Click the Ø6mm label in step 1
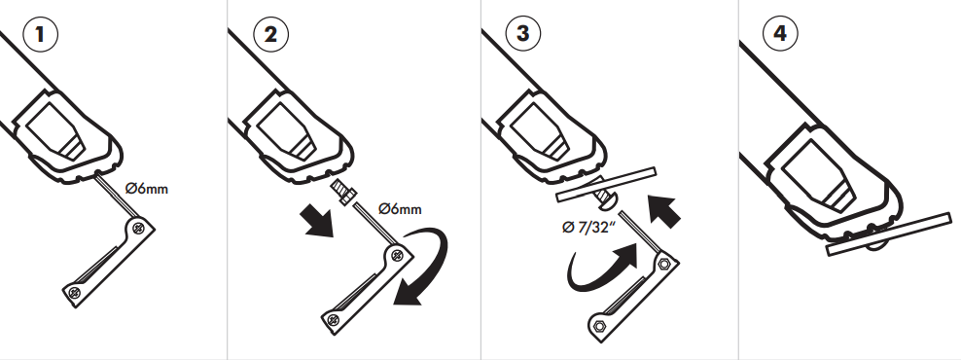(x=146, y=188)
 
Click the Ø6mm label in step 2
(x=399, y=208)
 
